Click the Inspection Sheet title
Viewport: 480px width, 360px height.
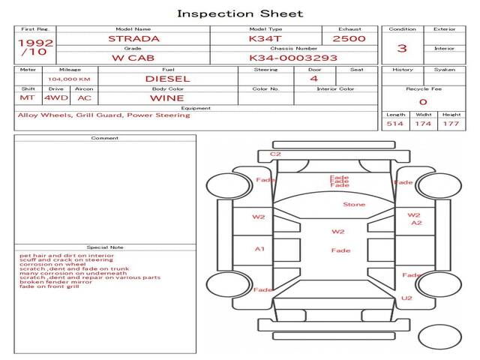pyautogui.click(x=240, y=13)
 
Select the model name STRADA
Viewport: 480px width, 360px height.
pyautogui.click(x=133, y=38)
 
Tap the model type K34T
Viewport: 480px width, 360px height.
pyautogui.click(x=265, y=38)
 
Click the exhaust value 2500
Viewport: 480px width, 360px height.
pyautogui.click(x=349, y=38)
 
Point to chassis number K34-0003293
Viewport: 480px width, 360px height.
pyautogui.click(x=292, y=58)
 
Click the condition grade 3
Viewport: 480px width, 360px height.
pyautogui.click(x=402, y=49)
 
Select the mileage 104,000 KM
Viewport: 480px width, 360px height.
pyautogui.click(x=69, y=79)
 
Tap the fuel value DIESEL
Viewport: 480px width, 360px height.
pyautogui.click(x=166, y=78)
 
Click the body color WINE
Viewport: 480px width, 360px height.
pyautogui.click(x=166, y=97)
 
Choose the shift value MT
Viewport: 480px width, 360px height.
pyautogui.click(x=27, y=97)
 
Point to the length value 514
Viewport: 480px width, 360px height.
pyautogui.click(x=394, y=124)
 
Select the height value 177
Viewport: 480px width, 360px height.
pyautogui.click(x=451, y=124)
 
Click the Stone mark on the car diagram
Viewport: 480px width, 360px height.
pyautogui.click(x=354, y=204)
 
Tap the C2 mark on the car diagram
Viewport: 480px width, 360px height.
pyautogui.click(x=275, y=154)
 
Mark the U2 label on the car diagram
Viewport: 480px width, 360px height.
pyautogui.click(x=406, y=298)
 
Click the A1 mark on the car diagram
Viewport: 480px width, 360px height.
pyautogui.click(x=259, y=248)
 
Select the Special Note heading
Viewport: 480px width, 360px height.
pyautogui.click(x=104, y=247)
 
